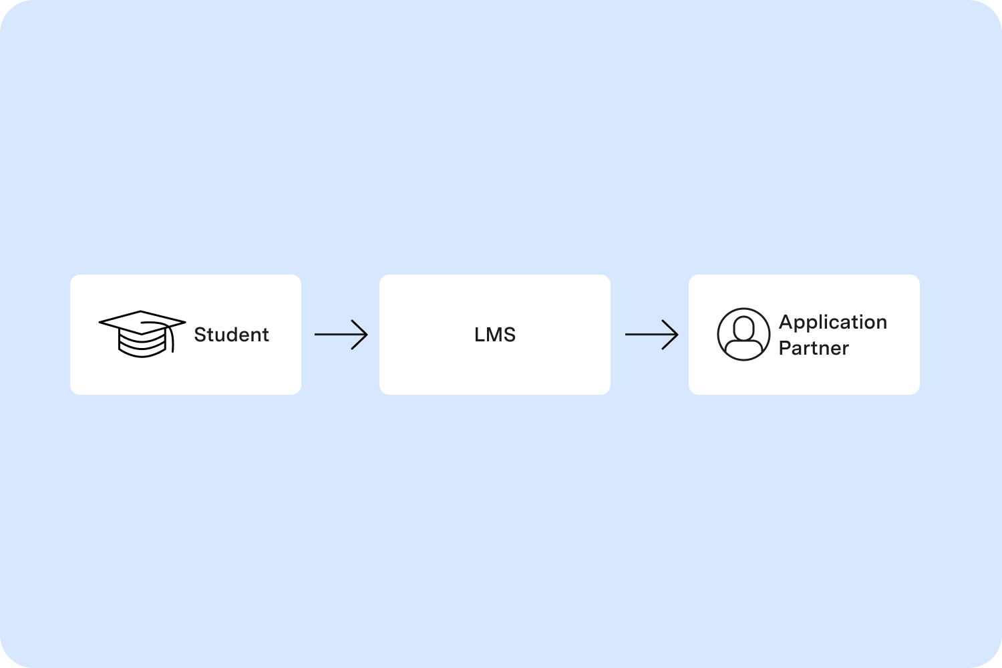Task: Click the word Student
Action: pos(231,335)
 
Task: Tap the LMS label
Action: pos(495,335)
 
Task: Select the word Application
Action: pos(833,323)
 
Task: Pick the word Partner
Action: pos(814,348)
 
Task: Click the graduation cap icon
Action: pos(142,333)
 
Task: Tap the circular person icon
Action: pos(743,334)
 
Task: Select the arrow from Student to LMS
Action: pos(341,335)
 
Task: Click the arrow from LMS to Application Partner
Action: pos(651,335)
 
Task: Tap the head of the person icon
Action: pos(743,327)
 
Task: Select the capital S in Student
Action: pos(200,335)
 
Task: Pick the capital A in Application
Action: pos(786,322)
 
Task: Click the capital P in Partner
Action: pos(785,348)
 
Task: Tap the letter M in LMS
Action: pos(495,335)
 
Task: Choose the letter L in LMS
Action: pos(479,335)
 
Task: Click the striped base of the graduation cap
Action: pos(141,345)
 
